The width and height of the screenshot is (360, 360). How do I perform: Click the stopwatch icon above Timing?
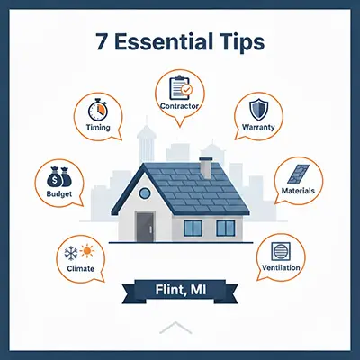coord(98,110)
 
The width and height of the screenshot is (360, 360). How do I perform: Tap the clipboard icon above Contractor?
coord(180,88)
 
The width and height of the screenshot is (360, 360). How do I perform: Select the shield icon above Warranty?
coord(259,110)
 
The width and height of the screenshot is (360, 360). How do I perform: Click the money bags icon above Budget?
coord(59,176)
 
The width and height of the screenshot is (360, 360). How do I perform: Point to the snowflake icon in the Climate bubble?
coord(71,253)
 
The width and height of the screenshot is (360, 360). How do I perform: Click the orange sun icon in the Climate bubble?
coord(87,251)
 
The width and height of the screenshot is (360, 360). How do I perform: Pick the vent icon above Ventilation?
coord(281,251)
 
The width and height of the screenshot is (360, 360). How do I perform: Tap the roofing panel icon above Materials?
coord(298,174)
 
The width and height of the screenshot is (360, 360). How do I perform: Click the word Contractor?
coord(179,106)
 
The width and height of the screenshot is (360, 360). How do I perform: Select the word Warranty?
coord(258,127)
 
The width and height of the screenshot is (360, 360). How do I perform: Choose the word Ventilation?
coord(281,267)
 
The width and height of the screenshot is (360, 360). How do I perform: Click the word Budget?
coord(59,194)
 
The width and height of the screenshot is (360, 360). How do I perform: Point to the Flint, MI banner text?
coord(181,290)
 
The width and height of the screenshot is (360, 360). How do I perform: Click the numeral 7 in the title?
coord(102,42)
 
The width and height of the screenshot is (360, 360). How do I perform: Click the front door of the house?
coord(145,227)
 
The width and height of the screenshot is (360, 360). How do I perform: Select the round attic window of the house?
coord(145,193)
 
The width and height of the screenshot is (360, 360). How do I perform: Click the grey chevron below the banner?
coord(175,328)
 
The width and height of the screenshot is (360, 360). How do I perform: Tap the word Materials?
coord(298,191)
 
